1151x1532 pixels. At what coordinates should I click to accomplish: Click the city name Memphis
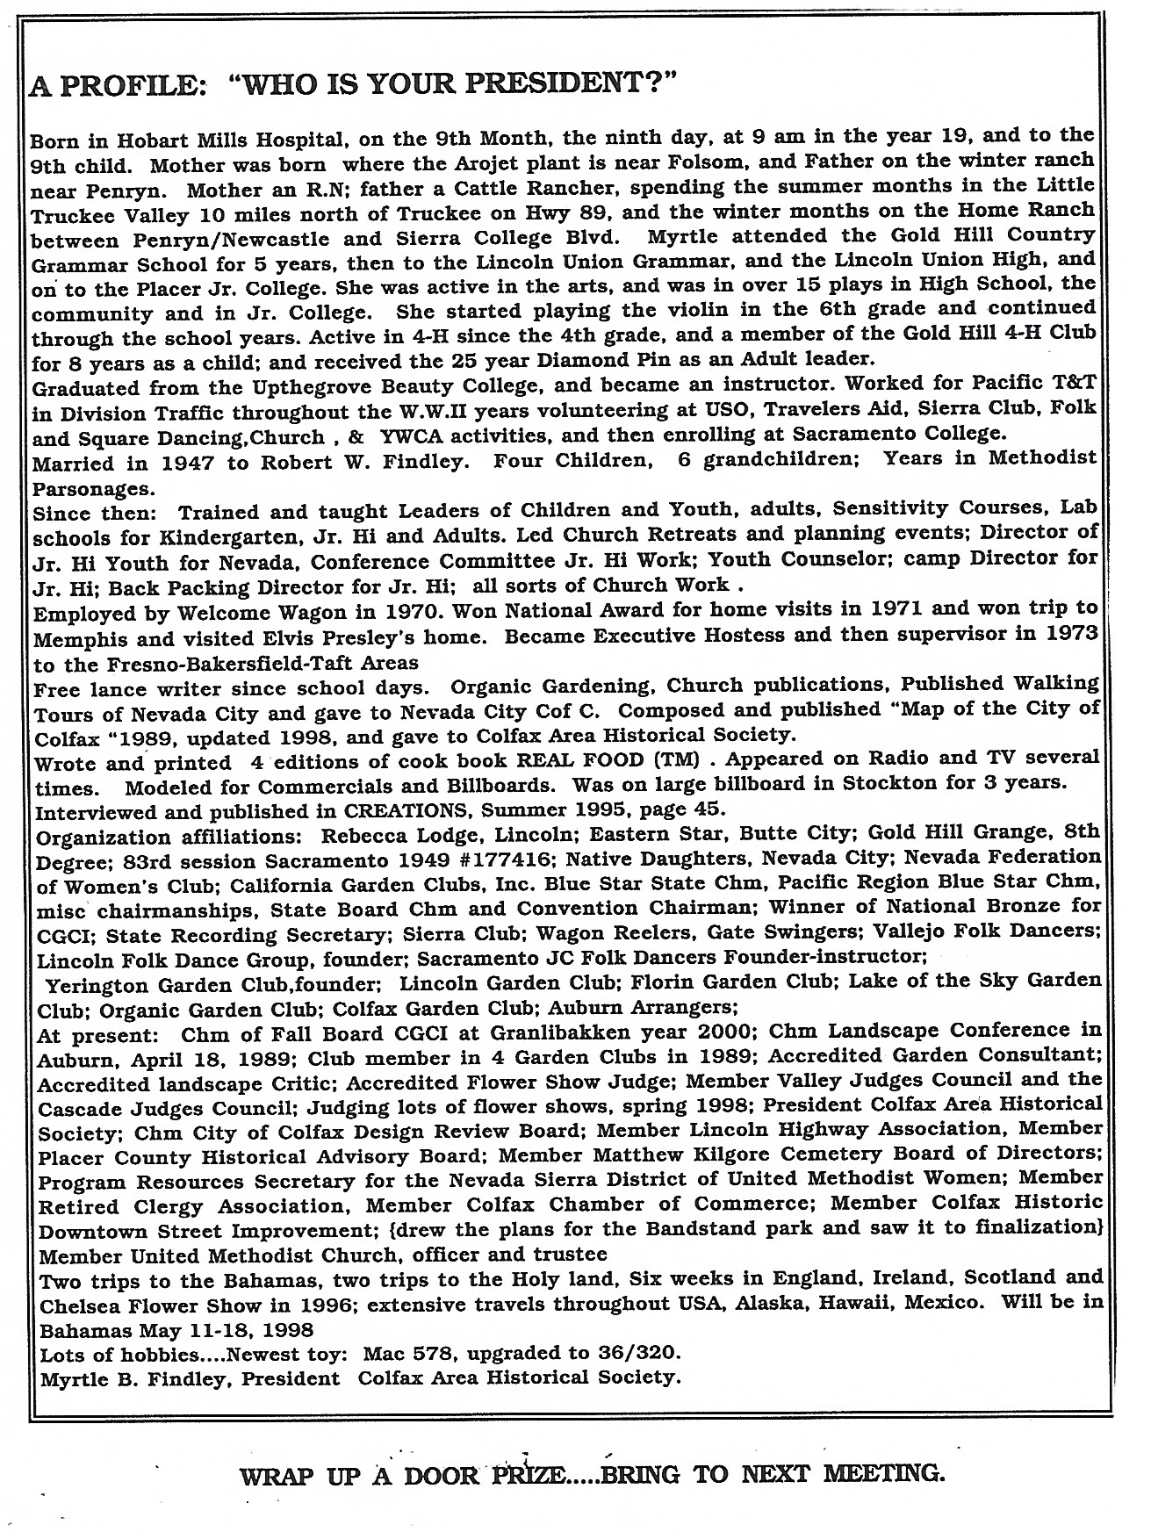(x=76, y=637)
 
